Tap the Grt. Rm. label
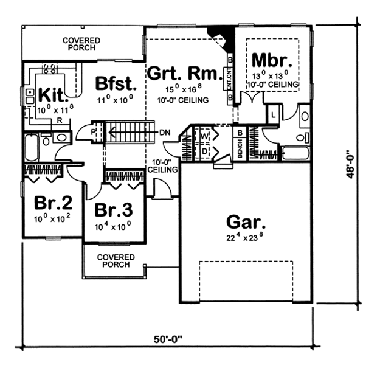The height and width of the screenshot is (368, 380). pos(185,73)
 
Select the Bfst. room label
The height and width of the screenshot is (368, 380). pos(116,83)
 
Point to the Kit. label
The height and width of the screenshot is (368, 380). pos(52,95)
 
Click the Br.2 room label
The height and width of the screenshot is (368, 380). pos(54,203)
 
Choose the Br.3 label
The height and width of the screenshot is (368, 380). pos(114,210)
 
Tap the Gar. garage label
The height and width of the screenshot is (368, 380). pos(246,222)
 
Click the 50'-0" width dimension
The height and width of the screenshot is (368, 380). pos(168,339)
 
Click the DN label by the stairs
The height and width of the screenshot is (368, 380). pos(165,133)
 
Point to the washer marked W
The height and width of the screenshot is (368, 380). pos(204,136)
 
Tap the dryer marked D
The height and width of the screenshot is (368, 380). pos(205,151)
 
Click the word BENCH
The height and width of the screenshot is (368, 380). pos(240,148)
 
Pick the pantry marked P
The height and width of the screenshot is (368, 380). pos(93,132)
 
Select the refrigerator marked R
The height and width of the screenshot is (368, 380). pos(60,120)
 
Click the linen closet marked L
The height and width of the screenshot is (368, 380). pos(274,115)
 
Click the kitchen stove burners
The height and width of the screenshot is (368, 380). pos(50,69)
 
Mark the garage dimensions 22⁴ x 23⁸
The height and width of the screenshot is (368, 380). pos(245,238)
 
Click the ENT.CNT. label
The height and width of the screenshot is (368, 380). pos(229,78)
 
